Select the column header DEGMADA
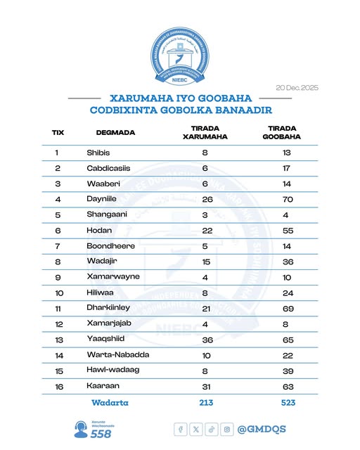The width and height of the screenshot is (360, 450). click(x=115, y=132)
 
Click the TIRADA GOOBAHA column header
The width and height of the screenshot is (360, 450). click(x=285, y=132)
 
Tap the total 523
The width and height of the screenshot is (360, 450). click(x=285, y=403)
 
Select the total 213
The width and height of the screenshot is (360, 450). click(x=205, y=403)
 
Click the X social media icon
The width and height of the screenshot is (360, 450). click(x=196, y=429)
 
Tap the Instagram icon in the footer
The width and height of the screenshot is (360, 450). click(x=227, y=429)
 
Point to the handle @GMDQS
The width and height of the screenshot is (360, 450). click(x=262, y=429)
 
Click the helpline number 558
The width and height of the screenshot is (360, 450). click(x=101, y=435)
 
